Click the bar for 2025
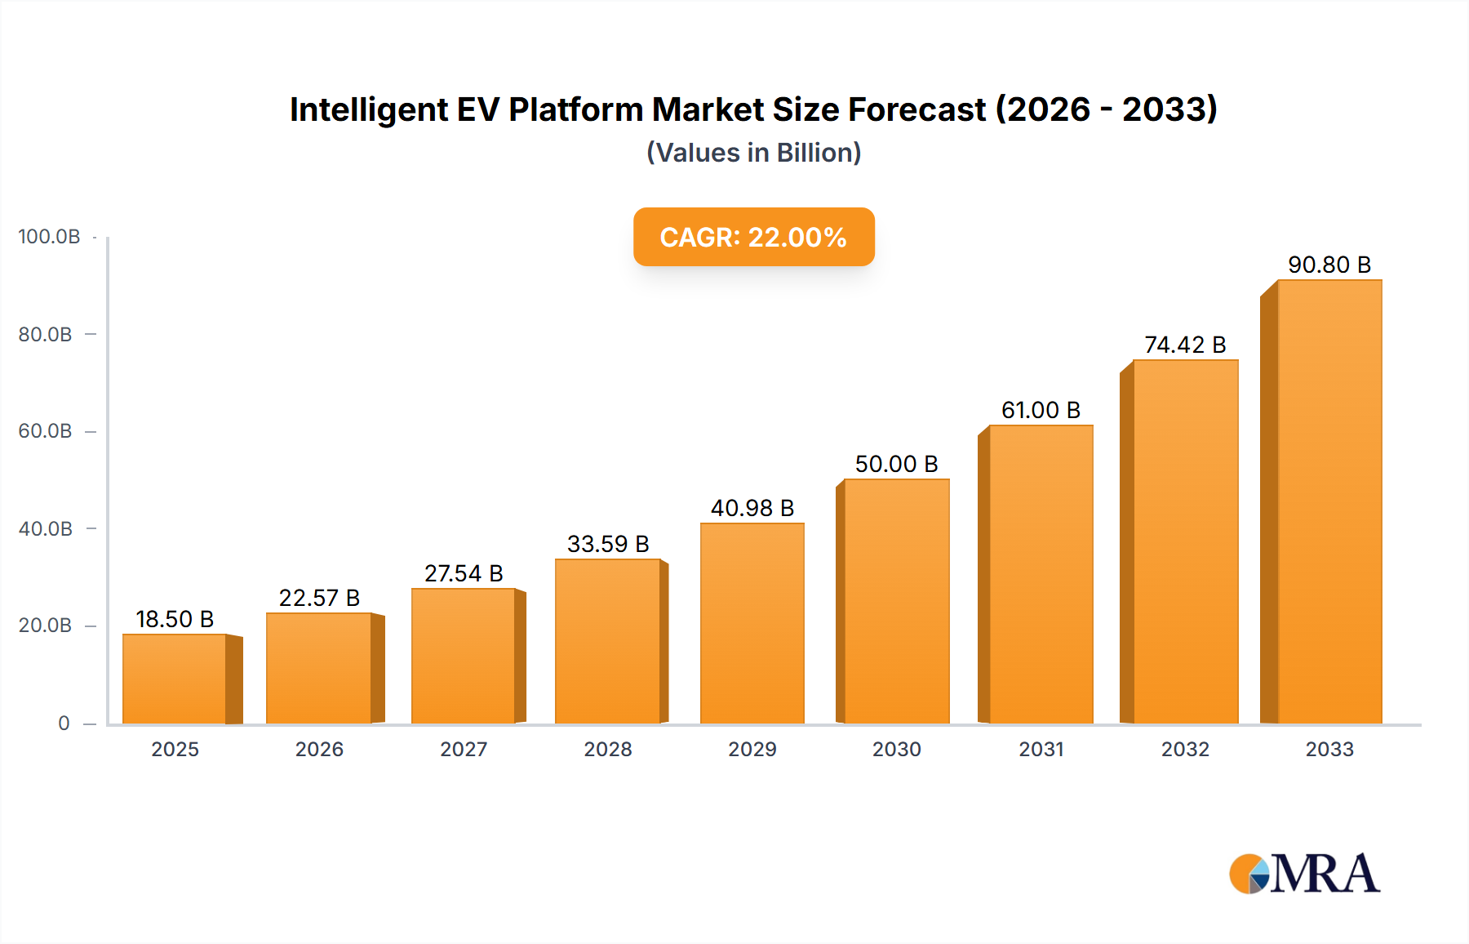pos(175,679)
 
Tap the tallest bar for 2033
pos(1329,501)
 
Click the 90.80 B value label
pos(1329,265)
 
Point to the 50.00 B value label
pos(896,464)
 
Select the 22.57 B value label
pos(319,598)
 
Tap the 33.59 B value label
pos(608,544)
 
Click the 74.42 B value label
pos(1185,345)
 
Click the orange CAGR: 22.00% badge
pos(753,237)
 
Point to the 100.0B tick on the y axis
pos(49,237)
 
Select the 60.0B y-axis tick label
pos(46,431)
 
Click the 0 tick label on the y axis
pos(64,724)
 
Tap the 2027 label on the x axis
pos(464,749)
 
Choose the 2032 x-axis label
pos(1185,749)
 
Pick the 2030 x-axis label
pos(896,749)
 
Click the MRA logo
pos(1304,874)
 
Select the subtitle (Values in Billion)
pos(753,153)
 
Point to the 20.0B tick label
pos(46,626)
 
